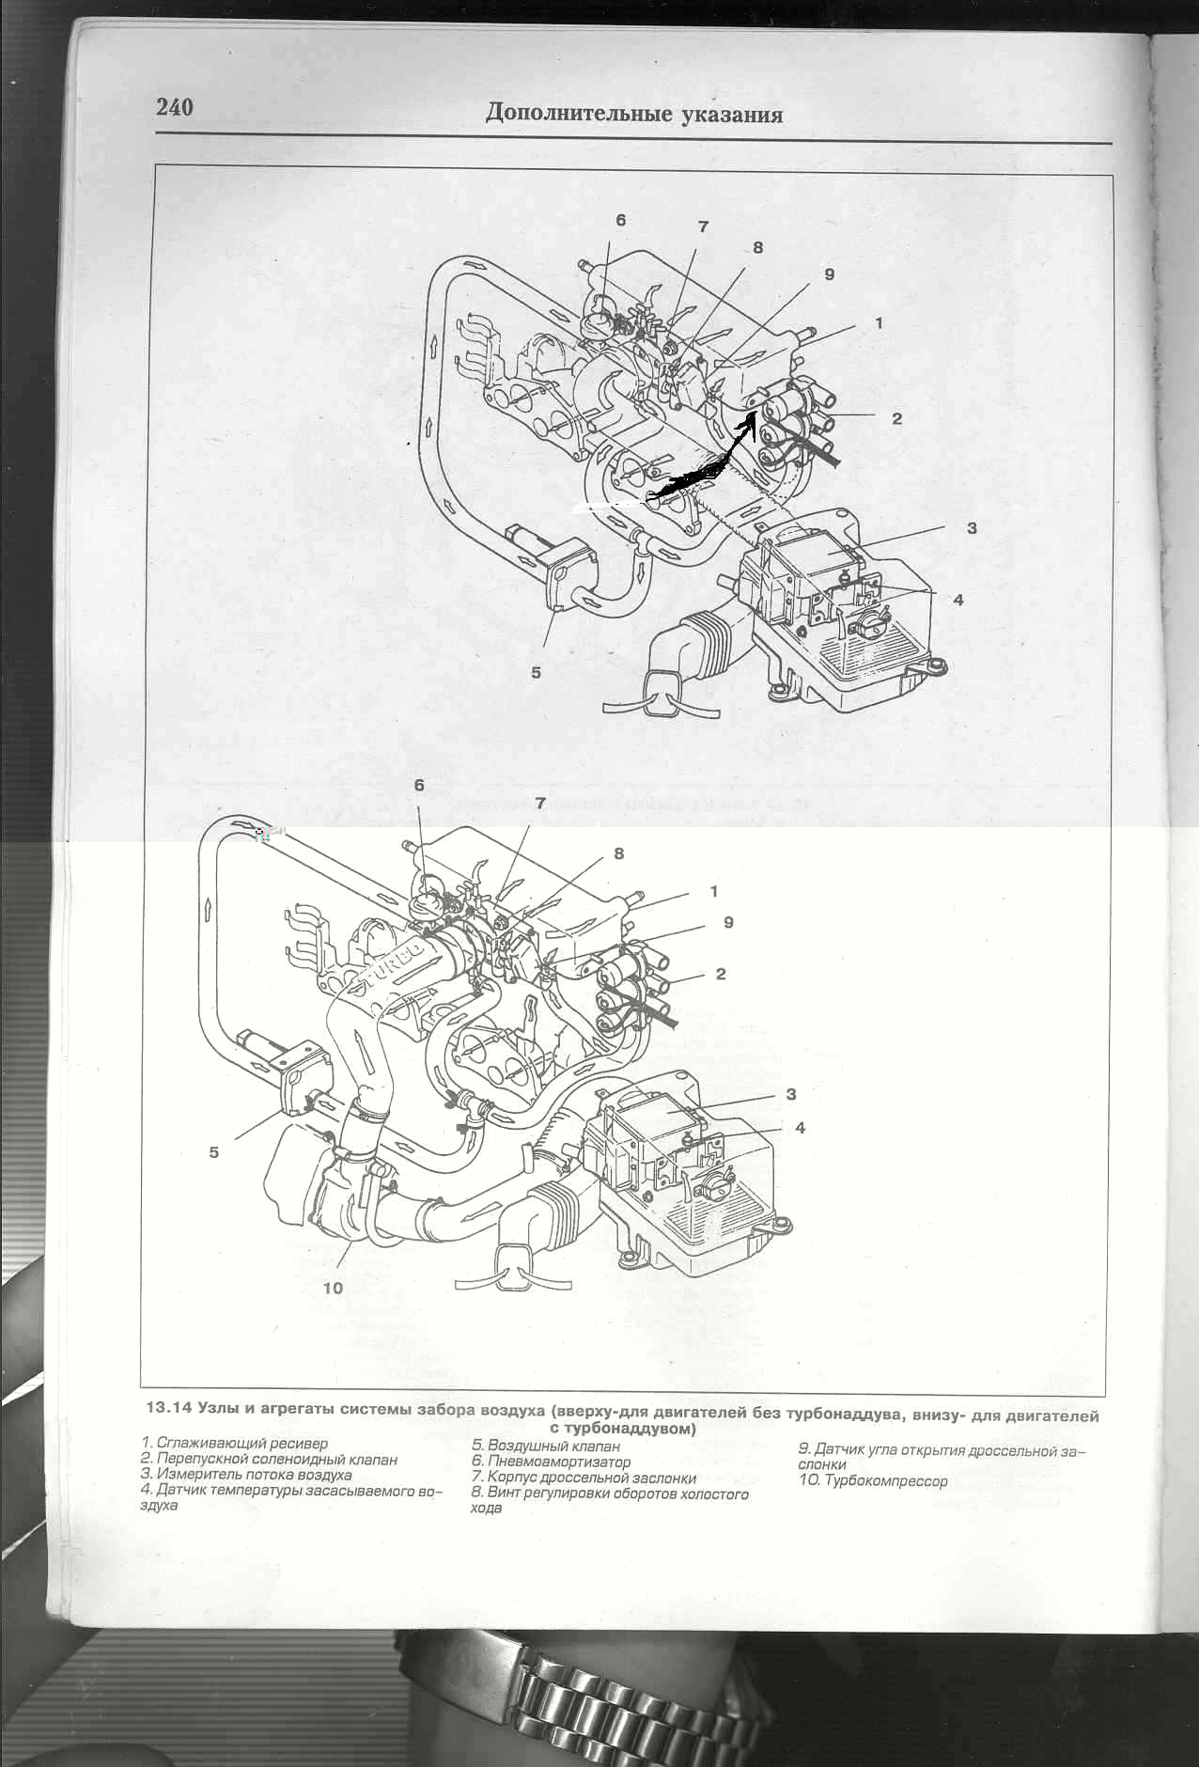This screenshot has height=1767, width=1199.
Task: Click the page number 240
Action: click(x=175, y=107)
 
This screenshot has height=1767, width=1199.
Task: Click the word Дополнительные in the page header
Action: click(x=567, y=114)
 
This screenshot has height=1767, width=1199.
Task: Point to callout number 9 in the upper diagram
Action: click(x=829, y=274)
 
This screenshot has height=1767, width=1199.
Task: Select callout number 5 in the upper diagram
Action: click(x=537, y=672)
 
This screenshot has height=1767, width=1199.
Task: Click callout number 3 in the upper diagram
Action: click(x=972, y=528)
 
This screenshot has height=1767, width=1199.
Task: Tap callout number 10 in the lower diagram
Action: click(x=333, y=1288)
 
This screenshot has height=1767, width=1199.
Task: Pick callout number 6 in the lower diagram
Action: click(x=419, y=785)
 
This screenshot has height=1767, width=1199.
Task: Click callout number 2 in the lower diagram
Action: click(x=721, y=974)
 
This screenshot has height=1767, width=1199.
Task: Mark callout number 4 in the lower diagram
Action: click(x=800, y=1127)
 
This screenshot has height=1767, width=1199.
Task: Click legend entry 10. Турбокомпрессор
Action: click(x=873, y=1481)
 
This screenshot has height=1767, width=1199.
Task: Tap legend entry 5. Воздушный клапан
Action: click(x=545, y=1446)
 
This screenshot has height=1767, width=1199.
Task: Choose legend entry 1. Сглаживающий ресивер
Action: click(x=234, y=1443)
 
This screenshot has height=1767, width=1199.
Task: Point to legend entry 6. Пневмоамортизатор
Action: click(x=551, y=1462)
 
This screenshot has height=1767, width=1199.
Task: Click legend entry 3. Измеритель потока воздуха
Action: click(x=246, y=1475)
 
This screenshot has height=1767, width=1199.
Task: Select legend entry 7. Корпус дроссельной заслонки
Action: click(x=584, y=1478)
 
